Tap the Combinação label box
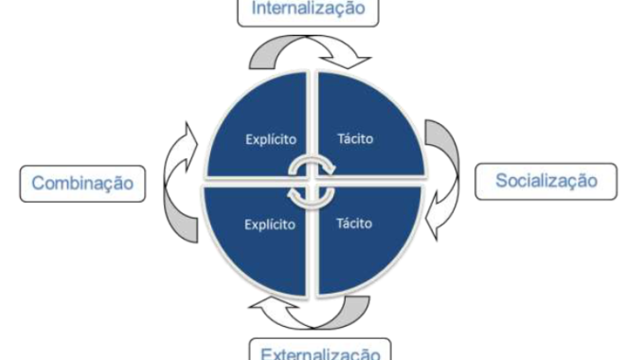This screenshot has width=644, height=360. point(83,183)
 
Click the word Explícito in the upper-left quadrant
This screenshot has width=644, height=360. point(267,138)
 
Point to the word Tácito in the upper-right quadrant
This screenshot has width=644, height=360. point(355,138)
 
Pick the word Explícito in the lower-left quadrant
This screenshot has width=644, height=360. point(267,225)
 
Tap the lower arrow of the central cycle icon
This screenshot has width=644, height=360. point(313,193)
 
